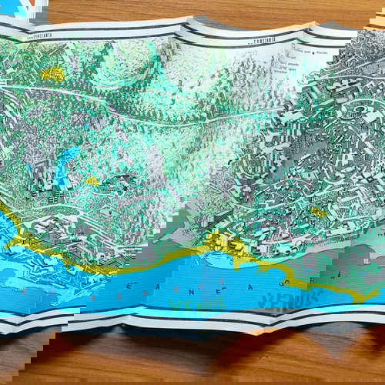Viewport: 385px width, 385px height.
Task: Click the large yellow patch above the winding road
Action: (52, 74)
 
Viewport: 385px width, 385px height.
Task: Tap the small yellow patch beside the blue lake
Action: (92, 181)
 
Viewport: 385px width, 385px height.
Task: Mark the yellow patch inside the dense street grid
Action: (318, 213)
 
